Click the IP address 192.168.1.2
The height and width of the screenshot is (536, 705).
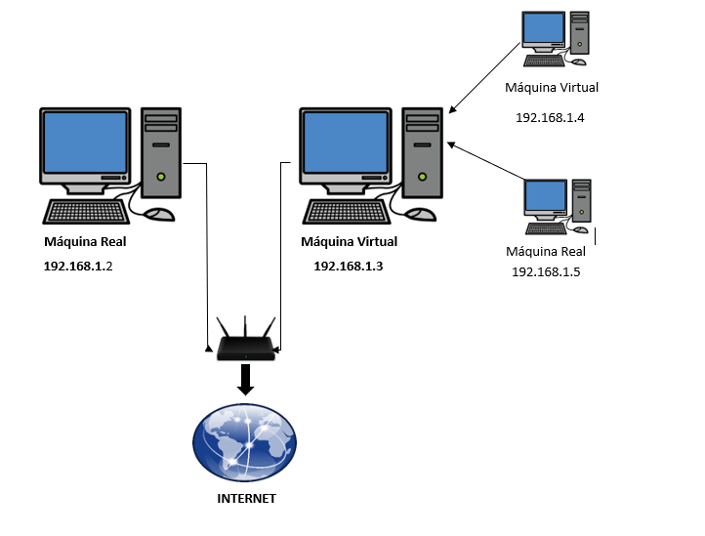[78, 265]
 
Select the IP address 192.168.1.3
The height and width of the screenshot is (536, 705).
[349, 265]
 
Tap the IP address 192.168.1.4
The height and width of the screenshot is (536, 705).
[550, 117]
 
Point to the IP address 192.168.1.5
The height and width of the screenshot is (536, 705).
[546, 271]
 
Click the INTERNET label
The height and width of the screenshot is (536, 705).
[246, 499]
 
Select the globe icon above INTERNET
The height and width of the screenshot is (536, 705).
[244, 442]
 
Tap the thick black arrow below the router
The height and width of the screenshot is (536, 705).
[245, 379]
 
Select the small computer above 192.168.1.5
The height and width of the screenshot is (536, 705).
[558, 206]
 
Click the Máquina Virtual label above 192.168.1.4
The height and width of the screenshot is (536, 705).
[552, 88]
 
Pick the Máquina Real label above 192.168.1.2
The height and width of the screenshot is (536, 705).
[85, 242]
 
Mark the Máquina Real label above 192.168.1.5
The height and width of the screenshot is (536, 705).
[546, 252]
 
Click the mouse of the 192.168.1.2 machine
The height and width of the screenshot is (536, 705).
[158, 213]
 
